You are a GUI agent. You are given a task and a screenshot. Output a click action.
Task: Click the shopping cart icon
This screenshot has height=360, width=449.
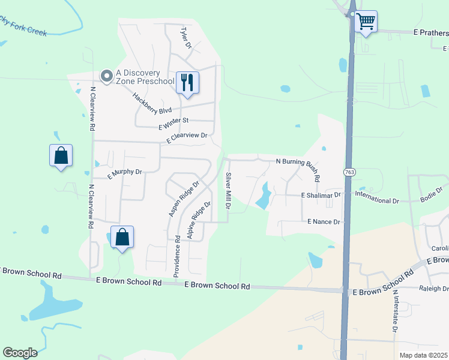tap(366, 22)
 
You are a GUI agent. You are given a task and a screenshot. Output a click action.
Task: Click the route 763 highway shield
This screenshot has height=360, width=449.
tap(349, 172)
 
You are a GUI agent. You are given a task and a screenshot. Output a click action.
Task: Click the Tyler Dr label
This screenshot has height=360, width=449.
tap(185, 37)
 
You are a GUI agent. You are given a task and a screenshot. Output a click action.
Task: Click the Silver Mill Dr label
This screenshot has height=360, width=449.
tap(228, 190)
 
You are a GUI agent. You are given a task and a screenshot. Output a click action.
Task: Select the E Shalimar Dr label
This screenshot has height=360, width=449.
tap(321, 195)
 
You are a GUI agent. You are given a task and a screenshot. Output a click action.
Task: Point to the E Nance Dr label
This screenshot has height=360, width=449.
tap(324, 222)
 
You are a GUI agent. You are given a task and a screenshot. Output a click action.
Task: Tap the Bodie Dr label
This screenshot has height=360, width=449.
tap(431, 194)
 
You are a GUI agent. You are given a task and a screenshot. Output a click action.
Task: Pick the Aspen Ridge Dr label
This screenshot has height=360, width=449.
tap(184, 199)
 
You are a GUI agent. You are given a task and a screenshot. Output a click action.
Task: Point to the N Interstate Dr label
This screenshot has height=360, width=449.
tap(395, 311)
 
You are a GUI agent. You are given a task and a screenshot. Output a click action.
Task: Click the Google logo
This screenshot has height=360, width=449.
tap(20, 353)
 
